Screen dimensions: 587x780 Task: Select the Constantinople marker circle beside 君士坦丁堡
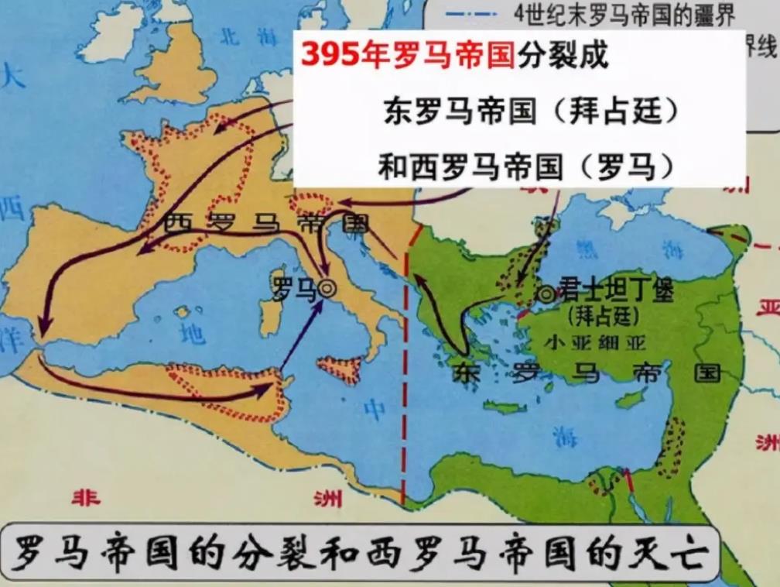pyautogui.click(x=547, y=294)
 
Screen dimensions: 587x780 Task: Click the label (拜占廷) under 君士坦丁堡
pyautogui.click(x=601, y=317)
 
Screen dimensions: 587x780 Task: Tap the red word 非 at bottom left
pyautogui.click(x=86, y=496)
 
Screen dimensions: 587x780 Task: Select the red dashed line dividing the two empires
pyautogui.click(x=403, y=387)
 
